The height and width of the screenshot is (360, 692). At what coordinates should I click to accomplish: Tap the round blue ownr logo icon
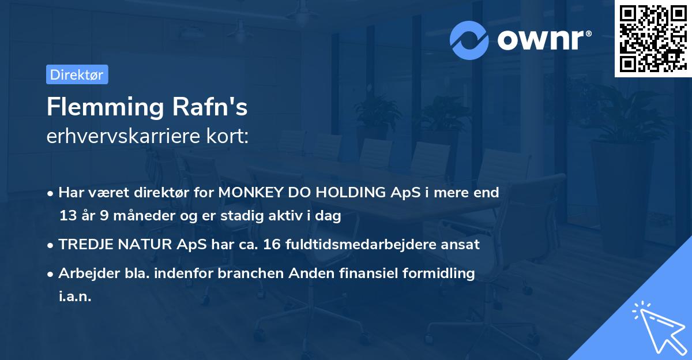(x=469, y=40)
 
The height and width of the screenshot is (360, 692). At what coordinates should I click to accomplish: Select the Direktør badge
(x=77, y=74)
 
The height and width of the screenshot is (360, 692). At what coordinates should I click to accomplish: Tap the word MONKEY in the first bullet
(x=249, y=193)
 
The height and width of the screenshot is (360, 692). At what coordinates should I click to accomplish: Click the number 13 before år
(x=68, y=216)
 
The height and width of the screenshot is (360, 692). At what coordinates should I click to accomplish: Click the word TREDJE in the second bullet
(x=84, y=245)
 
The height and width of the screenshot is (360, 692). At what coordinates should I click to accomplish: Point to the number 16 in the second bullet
(x=270, y=245)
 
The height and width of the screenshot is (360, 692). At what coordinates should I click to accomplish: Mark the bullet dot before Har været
(x=51, y=193)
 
